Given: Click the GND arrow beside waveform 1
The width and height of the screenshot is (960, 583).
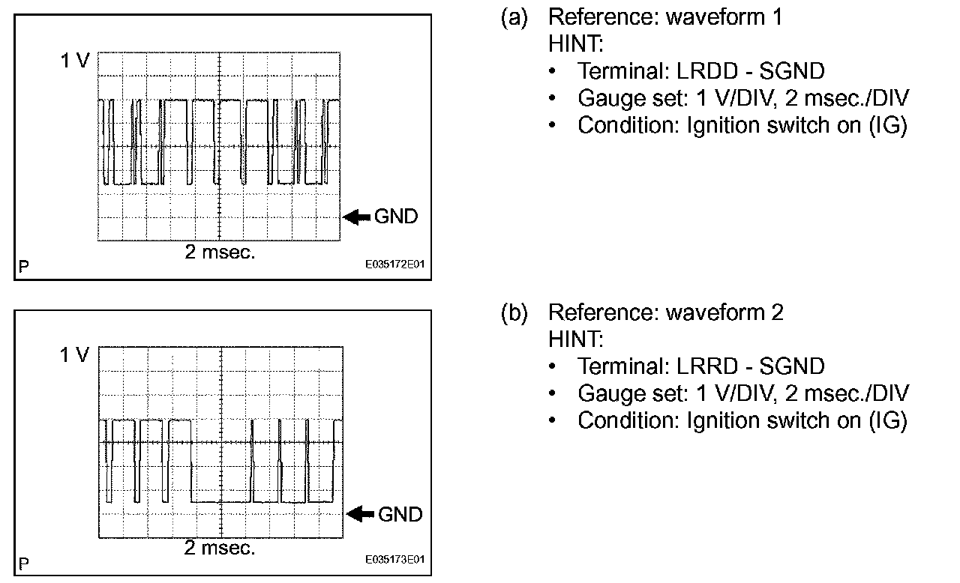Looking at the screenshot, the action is click(357, 217).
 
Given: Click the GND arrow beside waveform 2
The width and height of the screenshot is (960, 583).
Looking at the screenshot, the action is click(361, 514).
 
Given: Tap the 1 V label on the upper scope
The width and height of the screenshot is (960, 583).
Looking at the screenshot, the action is click(74, 61).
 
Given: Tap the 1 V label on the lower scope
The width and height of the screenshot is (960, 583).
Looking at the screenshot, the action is click(74, 355).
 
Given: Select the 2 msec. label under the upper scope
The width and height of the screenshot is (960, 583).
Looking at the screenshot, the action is click(220, 252).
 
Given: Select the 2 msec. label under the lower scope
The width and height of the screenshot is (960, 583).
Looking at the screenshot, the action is click(220, 548).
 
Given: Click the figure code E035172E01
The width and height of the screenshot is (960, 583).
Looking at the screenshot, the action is click(394, 265).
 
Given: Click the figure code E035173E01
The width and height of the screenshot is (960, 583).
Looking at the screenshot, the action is click(394, 560).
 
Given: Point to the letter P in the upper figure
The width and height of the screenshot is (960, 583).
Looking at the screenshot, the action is click(25, 266).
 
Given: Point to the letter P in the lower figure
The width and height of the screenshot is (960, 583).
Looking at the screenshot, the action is click(25, 561).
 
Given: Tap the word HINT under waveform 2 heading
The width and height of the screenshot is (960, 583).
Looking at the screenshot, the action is click(575, 339).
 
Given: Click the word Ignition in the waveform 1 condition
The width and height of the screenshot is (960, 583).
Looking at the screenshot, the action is click(719, 125).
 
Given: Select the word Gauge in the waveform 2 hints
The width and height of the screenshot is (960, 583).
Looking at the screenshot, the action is click(609, 393).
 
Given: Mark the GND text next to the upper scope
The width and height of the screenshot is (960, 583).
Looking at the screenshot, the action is click(396, 217).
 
